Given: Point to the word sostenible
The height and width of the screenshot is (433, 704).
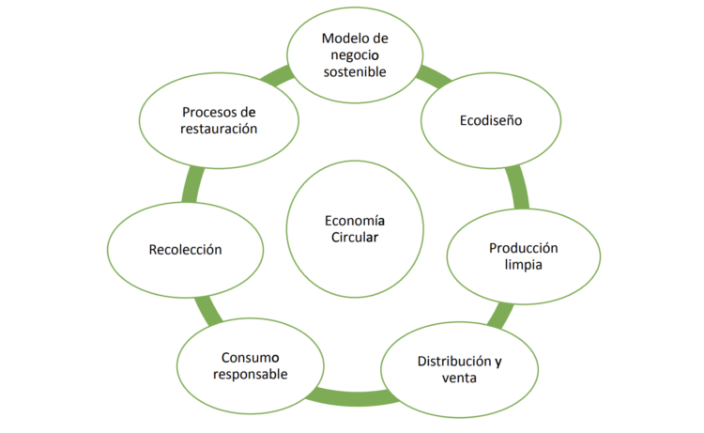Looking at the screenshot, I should pyautogui.click(x=352, y=71).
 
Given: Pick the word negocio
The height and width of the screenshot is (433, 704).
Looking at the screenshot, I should pyautogui.click(x=353, y=54).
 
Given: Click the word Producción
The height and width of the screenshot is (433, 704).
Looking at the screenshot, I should pyautogui.click(x=523, y=248).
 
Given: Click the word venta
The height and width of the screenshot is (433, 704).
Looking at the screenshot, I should pyautogui.click(x=459, y=379).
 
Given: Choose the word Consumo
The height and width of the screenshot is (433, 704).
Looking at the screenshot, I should pyautogui.click(x=249, y=357).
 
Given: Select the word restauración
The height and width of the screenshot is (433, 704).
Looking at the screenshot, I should pyautogui.click(x=219, y=130).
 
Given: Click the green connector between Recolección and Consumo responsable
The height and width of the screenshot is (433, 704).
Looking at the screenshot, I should pyautogui.click(x=208, y=310).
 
